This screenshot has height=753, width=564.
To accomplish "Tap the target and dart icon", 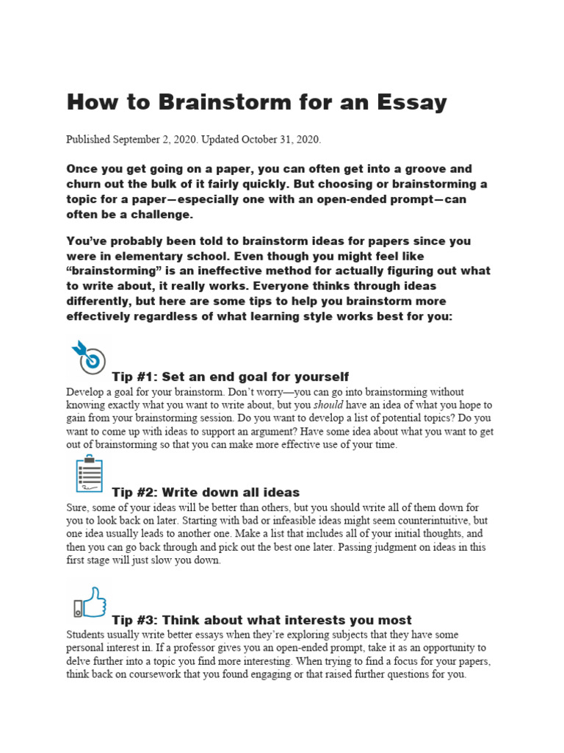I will pyautogui.click(x=87, y=358).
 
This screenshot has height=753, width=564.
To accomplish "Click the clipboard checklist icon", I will pyautogui.click(x=89, y=474).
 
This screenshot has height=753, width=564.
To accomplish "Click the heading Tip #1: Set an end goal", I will pyautogui.click(x=230, y=377).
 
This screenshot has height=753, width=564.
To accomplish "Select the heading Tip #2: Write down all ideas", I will pyautogui.click(x=206, y=492).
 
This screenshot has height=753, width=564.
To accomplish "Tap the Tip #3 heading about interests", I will pyautogui.click(x=261, y=620).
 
